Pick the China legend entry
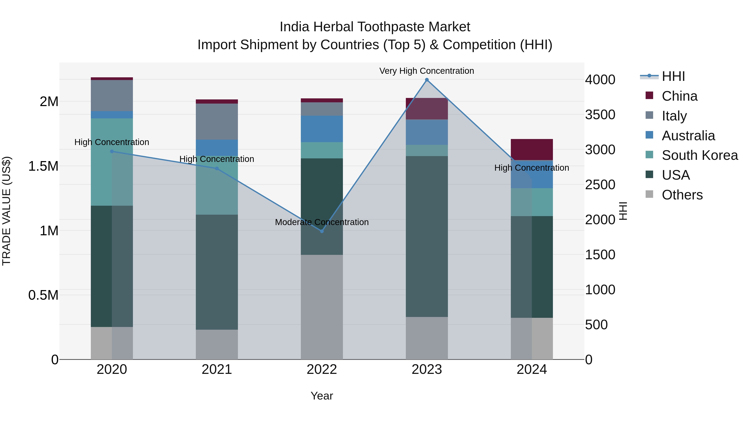click(679, 96)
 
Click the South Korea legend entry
click(700, 155)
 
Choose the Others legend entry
click(682, 195)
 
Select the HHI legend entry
click(673, 76)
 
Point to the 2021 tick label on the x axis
click(217, 369)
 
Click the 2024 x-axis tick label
click(532, 369)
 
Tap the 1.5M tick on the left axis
click(43, 166)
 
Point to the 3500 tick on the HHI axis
click(600, 115)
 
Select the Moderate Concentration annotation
click(322, 222)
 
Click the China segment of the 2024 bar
click(532, 149)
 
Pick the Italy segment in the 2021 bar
click(217, 121)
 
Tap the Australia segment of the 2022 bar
click(322, 129)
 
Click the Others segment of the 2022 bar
click(322, 307)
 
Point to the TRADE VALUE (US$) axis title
click(7, 211)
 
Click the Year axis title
click(322, 396)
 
